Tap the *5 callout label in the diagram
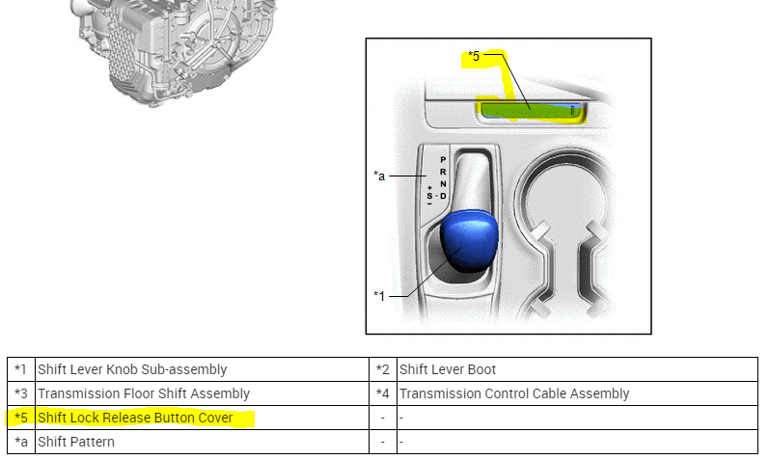point(473,57)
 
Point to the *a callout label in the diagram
point(379,176)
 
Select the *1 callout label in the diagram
point(379,295)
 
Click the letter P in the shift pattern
point(443,160)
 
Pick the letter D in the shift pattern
point(443,197)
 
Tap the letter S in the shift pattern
point(429,196)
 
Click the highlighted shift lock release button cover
point(528,111)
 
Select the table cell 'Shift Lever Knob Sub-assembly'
point(132,369)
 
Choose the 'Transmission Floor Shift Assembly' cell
point(143,393)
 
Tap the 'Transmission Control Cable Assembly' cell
point(513,393)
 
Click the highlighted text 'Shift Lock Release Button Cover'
point(135,418)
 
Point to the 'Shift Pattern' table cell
point(76,442)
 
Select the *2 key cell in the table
point(383,369)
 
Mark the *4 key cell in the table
point(383,393)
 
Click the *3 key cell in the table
point(21,393)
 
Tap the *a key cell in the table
point(21,442)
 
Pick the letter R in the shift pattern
point(443,172)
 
